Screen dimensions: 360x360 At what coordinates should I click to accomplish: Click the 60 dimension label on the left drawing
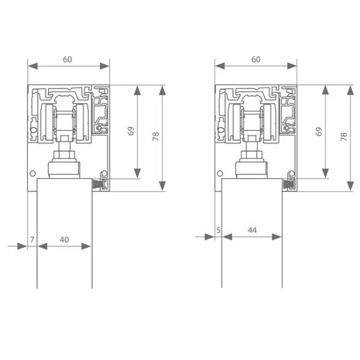click(67, 60)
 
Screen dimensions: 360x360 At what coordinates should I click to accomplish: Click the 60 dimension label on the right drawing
click(255, 60)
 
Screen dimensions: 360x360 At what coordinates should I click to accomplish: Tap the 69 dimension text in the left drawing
click(131, 131)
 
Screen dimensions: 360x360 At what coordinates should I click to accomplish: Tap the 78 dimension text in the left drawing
click(156, 136)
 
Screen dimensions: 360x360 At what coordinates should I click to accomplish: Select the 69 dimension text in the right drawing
click(319, 132)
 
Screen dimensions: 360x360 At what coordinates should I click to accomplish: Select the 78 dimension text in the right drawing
click(344, 136)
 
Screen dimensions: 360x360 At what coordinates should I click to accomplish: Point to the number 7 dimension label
click(32, 240)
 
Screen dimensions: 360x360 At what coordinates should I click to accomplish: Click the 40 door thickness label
click(64, 240)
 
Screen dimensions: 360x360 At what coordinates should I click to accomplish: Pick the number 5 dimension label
click(218, 230)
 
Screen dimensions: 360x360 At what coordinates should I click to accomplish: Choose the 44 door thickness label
click(252, 230)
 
